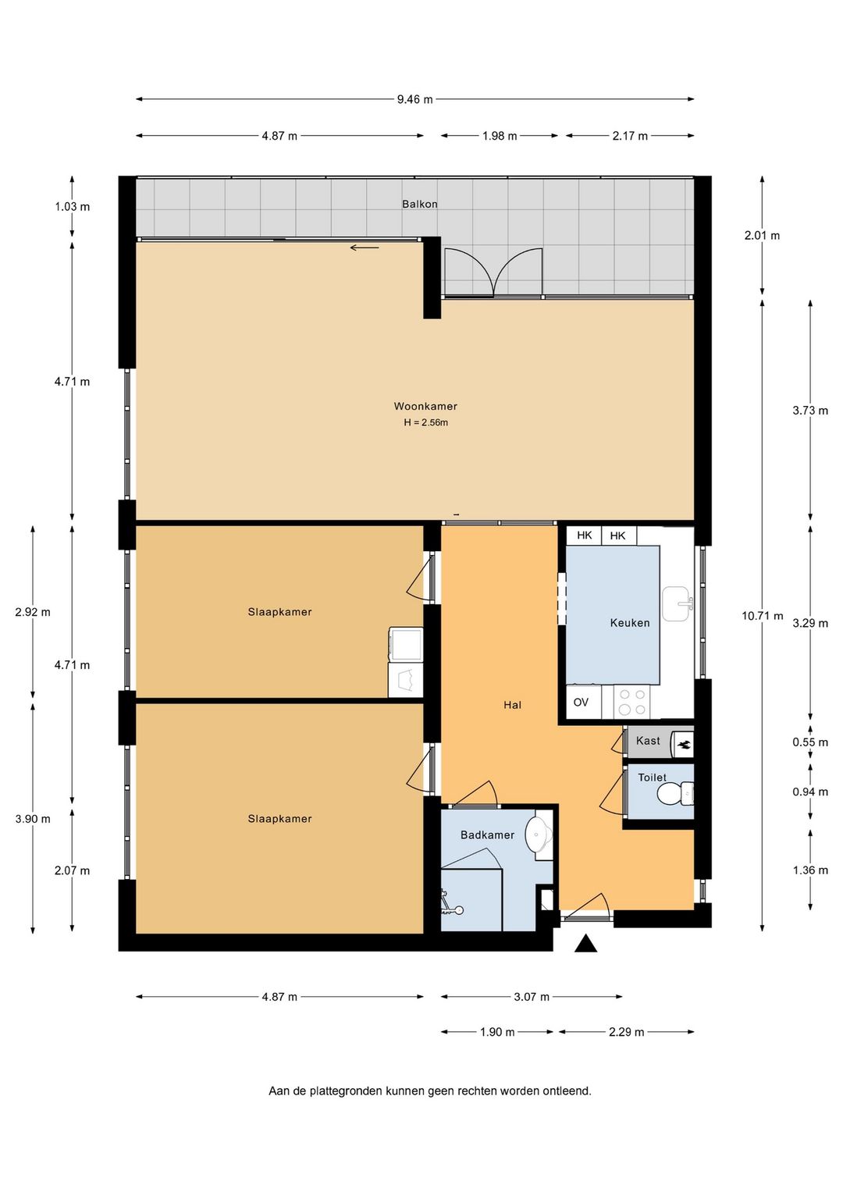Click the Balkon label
click(420, 204)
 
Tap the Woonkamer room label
click(425, 406)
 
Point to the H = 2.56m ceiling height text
click(425, 423)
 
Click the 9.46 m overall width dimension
click(415, 99)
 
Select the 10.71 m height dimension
click(763, 616)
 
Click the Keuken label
click(630, 623)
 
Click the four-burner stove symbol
click(632, 702)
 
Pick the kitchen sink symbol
click(676, 603)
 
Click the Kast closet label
click(648, 741)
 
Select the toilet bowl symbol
click(675, 794)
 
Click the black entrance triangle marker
click(585, 944)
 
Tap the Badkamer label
click(488, 835)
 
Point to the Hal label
click(513, 705)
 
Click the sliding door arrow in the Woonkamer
click(365, 247)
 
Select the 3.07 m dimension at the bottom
click(532, 997)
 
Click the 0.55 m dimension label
click(810, 742)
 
